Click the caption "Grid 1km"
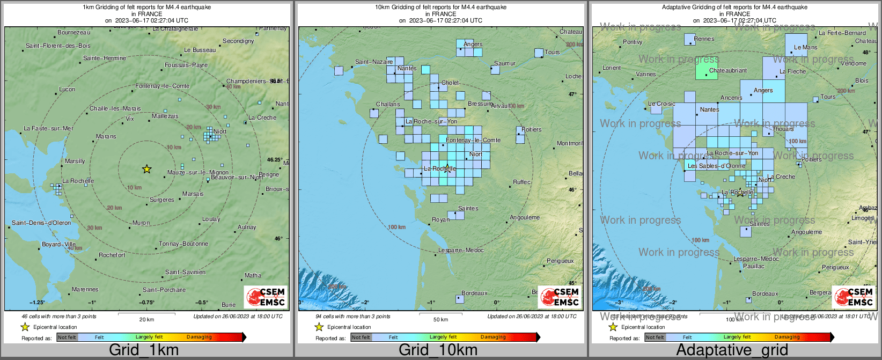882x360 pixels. coord(144,350)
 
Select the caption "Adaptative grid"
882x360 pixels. coord(732,350)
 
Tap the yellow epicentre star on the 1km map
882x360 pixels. coord(146,170)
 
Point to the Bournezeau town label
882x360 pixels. coord(74,33)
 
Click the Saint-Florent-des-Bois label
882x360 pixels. coord(58,46)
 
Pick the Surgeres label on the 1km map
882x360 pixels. coord(162,200)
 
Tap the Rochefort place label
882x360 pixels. coord(112,255)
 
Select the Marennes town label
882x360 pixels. coord(85,289)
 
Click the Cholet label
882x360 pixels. coord(450,83)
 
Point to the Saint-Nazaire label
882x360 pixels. coord(374,62)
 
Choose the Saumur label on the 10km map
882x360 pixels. coord(504,63)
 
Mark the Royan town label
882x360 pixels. coord(441,219)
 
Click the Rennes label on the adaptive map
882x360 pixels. coord(704,39)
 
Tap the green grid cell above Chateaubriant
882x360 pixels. coord(706,69)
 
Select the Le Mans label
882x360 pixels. coord(805,47)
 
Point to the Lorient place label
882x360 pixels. coord(612,68)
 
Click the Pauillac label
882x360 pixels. coord(754,266)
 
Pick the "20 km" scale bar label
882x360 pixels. coord(146,319)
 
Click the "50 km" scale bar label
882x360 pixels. coord(440,319)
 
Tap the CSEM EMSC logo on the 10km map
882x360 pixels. coord(560,297)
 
